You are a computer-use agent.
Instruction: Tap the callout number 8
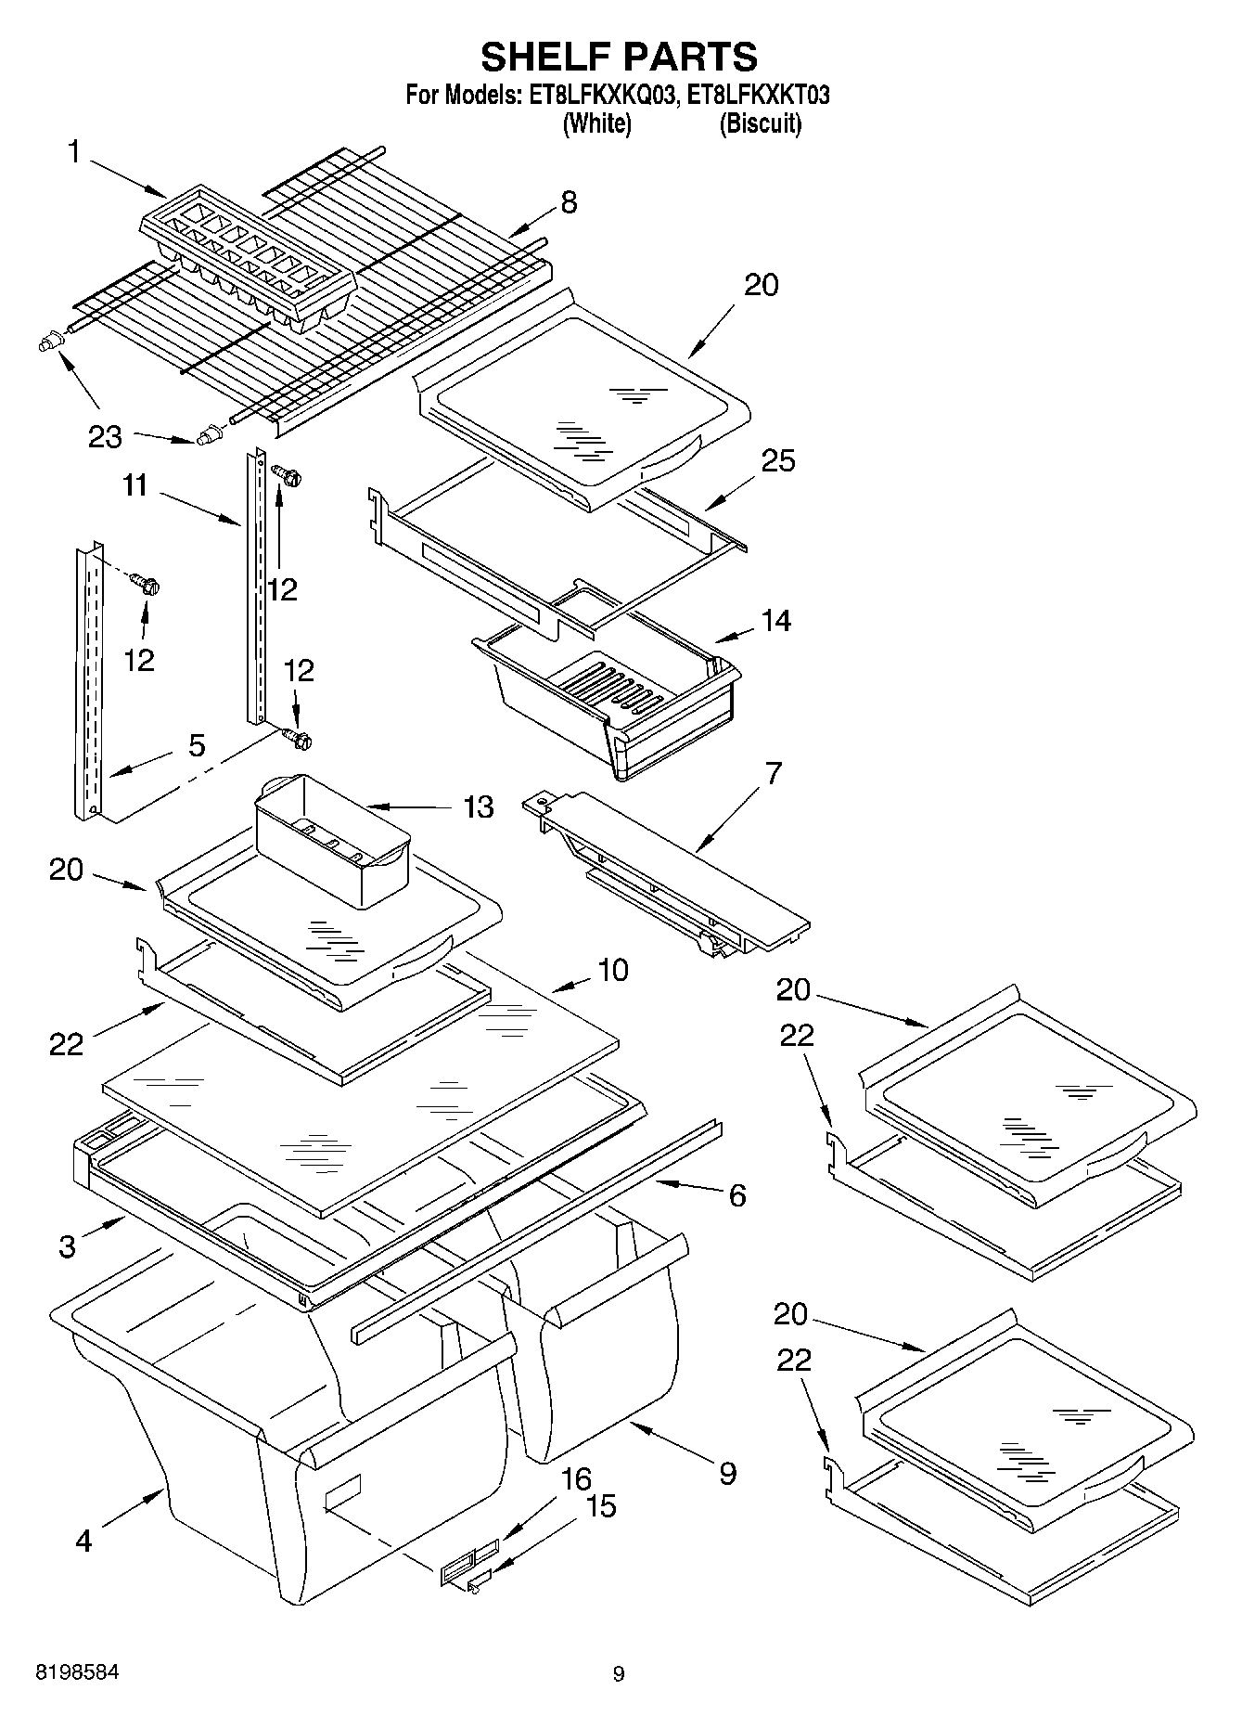[x=569, y=201]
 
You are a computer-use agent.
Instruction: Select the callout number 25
[x=777, y=460]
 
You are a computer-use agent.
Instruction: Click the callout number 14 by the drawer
[x=775, y=620]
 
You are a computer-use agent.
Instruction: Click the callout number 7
[x=773, y=772]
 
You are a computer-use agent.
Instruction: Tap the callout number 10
[x=613, y=970]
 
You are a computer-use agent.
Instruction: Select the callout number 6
[x=736, y=1194]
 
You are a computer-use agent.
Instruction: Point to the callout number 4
[x=83, y=1542]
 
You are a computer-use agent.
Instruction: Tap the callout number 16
[x=576, y=1478]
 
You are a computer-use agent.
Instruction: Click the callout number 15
[x=601, y=1505]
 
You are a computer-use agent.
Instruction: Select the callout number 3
[x=67, y=1245]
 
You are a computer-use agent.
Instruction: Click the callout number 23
[x=105, y=436]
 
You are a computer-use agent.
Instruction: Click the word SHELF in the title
[x=540, y=58]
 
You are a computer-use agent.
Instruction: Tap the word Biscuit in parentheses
[x=760, y=123]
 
